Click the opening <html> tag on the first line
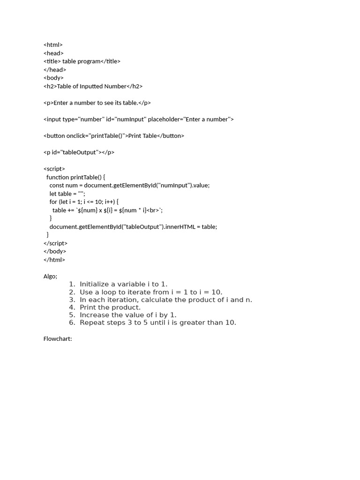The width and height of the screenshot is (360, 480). (x=53, y=45)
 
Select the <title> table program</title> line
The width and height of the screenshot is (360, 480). (x=82, y=61)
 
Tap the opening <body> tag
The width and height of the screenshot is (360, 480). (x=53, y=78)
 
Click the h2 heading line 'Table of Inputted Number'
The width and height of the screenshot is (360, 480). (x=93, y=86)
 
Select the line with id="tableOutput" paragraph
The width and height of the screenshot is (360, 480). (x=79, y=152)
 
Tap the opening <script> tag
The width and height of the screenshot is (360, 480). (x=54, y=169)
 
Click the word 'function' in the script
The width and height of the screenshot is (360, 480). (x=58, y=177)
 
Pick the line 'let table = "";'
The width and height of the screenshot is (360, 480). (x=67, y=194)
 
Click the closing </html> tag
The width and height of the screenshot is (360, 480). (x=54, y=260)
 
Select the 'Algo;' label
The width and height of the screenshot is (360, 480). (x=50, y=277)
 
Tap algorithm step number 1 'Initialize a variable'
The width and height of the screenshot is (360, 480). (x=123, y=284)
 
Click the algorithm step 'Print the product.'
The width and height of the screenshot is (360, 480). (x=110, y=307)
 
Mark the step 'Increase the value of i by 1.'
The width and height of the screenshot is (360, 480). (x=128, y=315)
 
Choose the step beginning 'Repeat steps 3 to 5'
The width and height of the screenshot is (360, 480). (x=157, y=322)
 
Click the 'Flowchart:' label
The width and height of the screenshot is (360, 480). (x=58, y=339)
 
